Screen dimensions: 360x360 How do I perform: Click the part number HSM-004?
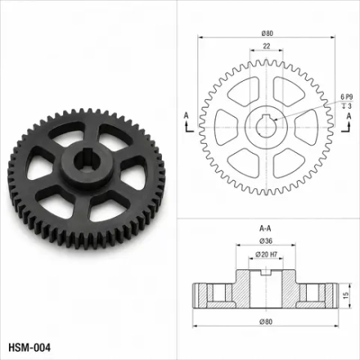[29, 348]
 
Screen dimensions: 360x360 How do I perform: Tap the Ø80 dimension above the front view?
[267, 34]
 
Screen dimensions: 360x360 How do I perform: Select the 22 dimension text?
[267, 46]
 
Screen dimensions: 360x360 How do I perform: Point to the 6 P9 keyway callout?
[347, 97]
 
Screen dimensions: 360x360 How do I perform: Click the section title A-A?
[265, 228]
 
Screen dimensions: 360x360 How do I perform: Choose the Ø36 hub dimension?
[266, 241]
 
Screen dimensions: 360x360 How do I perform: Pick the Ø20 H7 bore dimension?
[266, 254]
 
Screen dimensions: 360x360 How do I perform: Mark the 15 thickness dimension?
[346, 295]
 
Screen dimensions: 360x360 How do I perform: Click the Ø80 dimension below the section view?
[266, 322]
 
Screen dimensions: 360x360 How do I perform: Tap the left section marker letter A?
[186, 115]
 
